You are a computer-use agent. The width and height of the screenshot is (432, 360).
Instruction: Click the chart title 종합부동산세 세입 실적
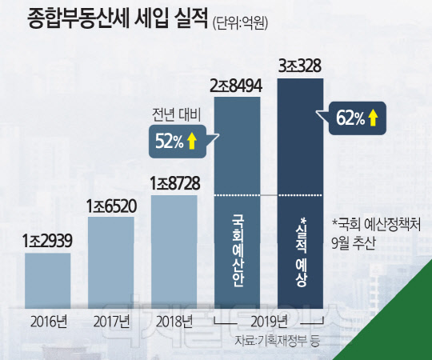[117, 20]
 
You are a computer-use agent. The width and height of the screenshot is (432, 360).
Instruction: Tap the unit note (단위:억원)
[240, 24]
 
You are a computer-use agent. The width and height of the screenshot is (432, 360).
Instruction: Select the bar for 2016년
[48, 281]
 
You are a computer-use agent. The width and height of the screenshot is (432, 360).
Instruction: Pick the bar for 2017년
[110, 262]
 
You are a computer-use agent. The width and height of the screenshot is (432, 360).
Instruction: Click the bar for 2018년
[174, 252]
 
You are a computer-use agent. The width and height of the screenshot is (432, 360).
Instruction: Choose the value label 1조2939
[47, 241]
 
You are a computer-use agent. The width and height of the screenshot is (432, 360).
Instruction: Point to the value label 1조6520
[111, 206]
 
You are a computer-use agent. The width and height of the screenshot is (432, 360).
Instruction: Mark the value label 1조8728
[174, 183]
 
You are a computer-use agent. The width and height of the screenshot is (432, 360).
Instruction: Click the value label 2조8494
[236, 86]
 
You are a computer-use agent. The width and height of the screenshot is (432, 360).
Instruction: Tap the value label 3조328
[300, 66]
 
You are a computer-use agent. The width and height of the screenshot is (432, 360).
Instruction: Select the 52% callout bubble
[178, 142]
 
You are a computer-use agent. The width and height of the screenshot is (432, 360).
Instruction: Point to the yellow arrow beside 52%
[191, 142]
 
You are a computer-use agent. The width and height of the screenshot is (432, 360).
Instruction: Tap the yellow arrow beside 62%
[373, 118]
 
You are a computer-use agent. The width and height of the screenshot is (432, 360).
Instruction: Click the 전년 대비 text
[176, 115]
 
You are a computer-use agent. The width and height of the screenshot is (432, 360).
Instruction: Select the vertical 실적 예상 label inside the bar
[301, 252]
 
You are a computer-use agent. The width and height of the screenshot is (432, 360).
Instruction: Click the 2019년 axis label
[269, 322]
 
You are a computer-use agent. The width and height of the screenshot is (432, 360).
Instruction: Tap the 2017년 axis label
[111, 322]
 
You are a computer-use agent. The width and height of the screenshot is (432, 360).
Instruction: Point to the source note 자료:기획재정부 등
[277, 341]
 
